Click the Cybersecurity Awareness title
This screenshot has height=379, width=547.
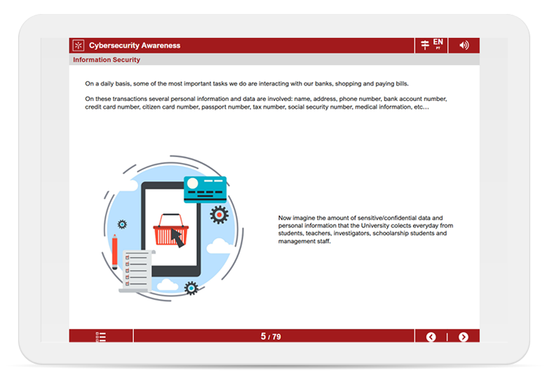(135, 46)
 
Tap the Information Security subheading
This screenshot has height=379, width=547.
(107, 60)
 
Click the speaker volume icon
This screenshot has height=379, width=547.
(464, 45)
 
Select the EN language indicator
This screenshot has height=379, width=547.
(438, 42)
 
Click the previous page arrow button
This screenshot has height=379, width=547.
(431, 337)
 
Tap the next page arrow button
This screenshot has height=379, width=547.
(464, 337)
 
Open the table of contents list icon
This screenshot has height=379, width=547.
(101, 337)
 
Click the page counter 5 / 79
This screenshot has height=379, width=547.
(271, 336)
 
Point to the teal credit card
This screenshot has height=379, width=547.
(205, 189)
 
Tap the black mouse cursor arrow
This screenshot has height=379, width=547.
(177, 239)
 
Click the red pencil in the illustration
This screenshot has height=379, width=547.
(115, 252)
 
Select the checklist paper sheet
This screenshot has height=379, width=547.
(137, 271)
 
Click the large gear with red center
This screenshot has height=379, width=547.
(219, 215)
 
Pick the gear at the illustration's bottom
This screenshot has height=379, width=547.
(191, 288)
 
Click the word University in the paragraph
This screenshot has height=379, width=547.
(375, 225)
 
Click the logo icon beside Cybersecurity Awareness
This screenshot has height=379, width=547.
(79, 46)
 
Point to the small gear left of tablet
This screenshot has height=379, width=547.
(122, 224)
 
